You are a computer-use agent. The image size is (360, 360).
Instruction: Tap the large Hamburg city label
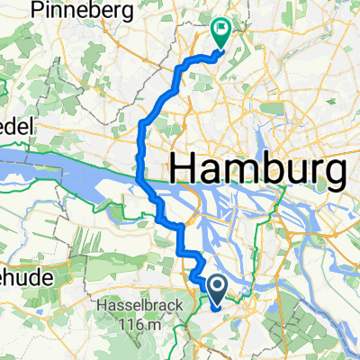[x=258, y=169]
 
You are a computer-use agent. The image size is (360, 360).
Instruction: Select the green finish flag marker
[x=220, y=33]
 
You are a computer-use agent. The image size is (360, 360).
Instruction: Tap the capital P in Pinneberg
[x=34, y=11]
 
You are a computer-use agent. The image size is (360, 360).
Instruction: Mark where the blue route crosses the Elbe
[x=140, y=176]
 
